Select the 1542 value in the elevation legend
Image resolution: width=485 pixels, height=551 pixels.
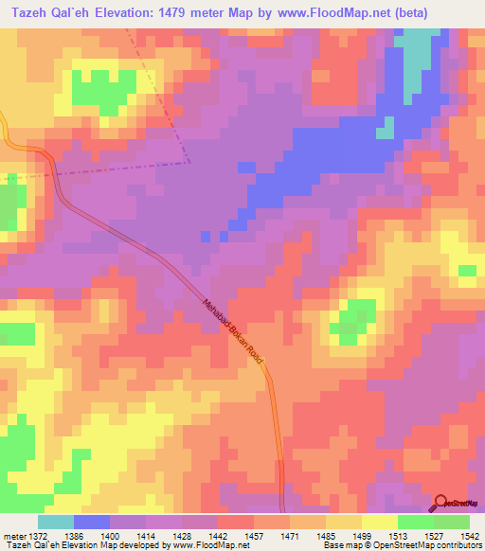pos(468,535)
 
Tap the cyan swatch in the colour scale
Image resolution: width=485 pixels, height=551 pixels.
pos(56,522)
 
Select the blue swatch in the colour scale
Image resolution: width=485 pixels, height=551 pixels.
pos(92,522)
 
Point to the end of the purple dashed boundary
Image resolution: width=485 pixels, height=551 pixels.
pos(189,162)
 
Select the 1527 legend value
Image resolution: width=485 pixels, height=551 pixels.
pos(432,535)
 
